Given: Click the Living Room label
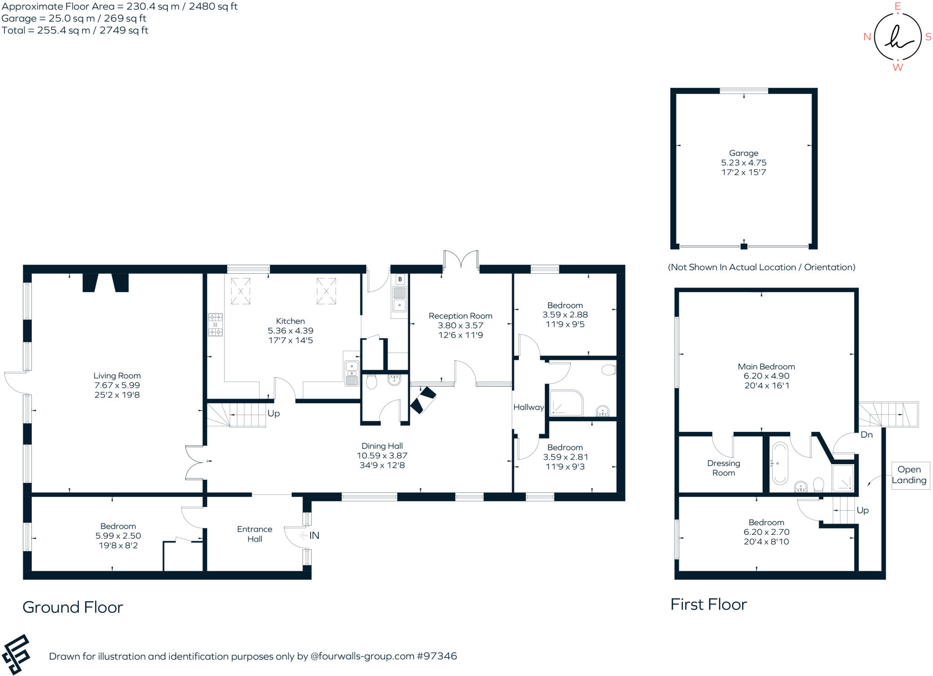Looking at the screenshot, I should click(x=117, y=376).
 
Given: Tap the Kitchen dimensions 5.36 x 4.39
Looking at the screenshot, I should click(x=290, y=331).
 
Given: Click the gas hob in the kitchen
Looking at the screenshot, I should click(x=215, y=324).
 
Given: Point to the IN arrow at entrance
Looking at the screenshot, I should click(x=310, y=536).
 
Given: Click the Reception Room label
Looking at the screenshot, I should click(x=460, y=316).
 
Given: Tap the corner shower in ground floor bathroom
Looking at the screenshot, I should click(x=566, y=403).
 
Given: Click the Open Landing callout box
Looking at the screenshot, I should click(x=909, y=475).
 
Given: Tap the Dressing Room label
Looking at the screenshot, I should click(x=723, y=468).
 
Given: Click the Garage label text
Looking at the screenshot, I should click(x=743, y=153).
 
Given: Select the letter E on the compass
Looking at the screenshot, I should click(x=898, y=6).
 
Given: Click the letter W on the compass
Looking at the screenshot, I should click(x=897, y=67).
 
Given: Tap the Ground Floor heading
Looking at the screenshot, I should click(x=73, y=607).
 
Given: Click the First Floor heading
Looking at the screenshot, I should click(x=708, y=604).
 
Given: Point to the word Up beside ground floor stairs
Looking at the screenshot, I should click(x=273, y=413).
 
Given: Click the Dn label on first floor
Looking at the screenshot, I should click(x=866, y=435).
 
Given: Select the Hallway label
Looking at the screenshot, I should click(x=528, y=407).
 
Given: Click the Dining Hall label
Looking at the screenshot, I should click(x=382, y=446).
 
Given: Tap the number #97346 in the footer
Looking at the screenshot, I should click(x=436, y=656).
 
